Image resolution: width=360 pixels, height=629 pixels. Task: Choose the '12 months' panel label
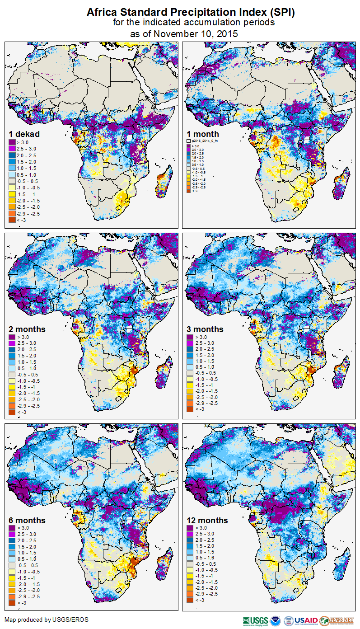point(207,520)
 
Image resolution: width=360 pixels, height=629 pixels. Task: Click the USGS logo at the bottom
point(256,620)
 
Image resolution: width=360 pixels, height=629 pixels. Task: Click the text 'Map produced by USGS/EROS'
point(47,620)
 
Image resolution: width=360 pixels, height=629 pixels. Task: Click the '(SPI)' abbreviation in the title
point(283,13)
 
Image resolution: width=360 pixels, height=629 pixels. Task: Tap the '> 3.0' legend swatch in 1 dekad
point(12,142)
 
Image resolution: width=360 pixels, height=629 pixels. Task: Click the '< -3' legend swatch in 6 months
point(12,602)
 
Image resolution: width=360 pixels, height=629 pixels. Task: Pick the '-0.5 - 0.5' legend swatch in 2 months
point(12,375)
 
